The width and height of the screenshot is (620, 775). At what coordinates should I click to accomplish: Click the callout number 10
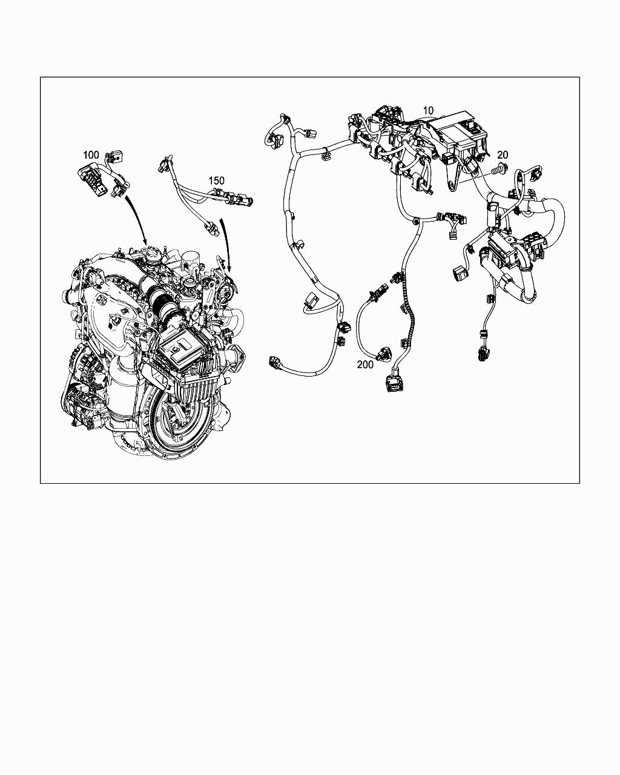[x=428, y=111]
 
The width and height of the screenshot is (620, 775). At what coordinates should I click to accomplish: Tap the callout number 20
[x=503, y=155]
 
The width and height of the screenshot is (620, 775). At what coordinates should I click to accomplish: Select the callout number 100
[x=91, y=155]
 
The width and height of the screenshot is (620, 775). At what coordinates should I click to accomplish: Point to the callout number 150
[x=216, y=180]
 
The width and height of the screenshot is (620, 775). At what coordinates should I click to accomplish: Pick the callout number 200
[x=365, y=364]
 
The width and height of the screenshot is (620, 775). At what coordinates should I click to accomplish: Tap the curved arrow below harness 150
[x=226, y=245]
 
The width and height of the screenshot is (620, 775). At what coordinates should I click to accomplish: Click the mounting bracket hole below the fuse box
[x=450, y=186]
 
